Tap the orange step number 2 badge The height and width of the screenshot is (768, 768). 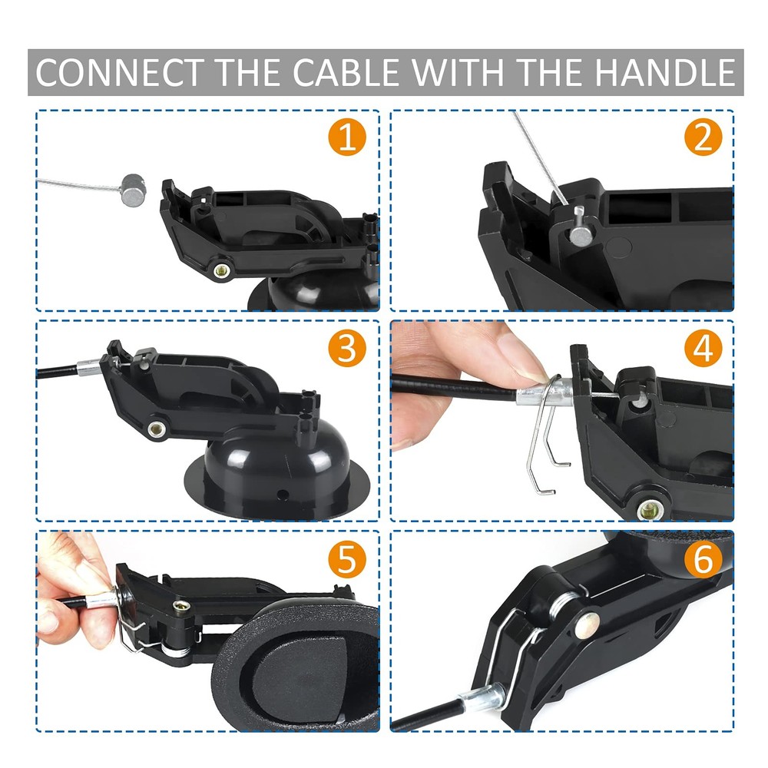pos(703,139)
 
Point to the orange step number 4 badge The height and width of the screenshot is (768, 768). pos(703,349)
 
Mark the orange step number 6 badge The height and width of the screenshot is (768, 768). pos(703,560)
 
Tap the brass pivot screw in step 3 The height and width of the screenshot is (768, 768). pos(159,428)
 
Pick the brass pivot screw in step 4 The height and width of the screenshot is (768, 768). pos(650,508)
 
